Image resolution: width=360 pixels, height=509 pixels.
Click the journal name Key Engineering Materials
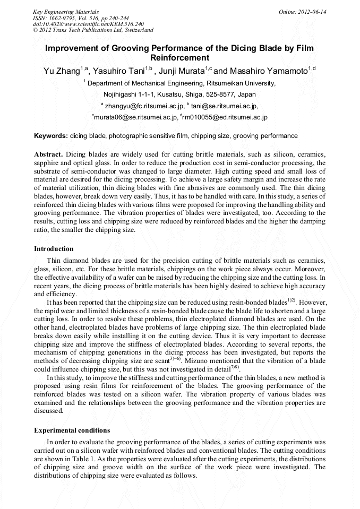tap(66, 12)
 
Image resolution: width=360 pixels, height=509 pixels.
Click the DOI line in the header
tap(88, 24)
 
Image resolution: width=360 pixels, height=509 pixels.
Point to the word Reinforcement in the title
tap(180, 58)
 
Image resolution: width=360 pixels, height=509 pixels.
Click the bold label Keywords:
tap(50, 136)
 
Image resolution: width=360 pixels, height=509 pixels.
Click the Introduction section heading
tap(54, 249)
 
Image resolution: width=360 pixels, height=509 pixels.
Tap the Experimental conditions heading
tap(72, 430)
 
